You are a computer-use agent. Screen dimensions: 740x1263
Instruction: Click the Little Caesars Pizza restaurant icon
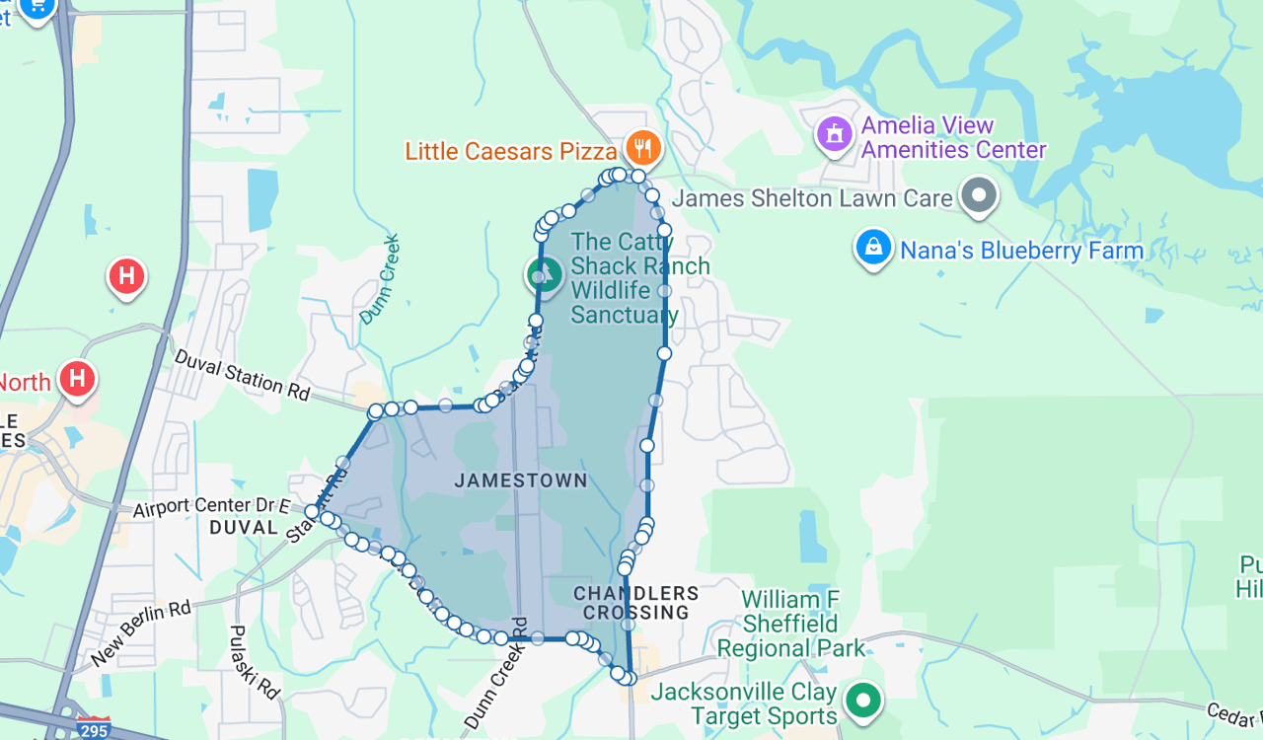coord(642,149)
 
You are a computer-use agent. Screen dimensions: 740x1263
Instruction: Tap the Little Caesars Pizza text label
coord(511,151)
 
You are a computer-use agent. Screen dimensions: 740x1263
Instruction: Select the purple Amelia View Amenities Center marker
coord(834,133)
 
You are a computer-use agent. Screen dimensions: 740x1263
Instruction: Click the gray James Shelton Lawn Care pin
coord(979,195)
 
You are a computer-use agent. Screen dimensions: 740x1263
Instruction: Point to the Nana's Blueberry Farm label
coord(1021,251)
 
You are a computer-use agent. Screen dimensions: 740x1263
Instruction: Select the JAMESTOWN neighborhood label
coord(521,481)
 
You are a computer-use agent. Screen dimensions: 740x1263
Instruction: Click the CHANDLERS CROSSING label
coord(636,603)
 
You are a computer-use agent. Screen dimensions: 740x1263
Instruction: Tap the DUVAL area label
coord(244,528)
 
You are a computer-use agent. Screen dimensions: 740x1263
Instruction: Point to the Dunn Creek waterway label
coord(381,278)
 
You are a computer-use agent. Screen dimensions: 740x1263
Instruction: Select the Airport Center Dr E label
coord(211,507)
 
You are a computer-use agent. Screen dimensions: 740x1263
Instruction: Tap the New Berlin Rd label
coord(140,632)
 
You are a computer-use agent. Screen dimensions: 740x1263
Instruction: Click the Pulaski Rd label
coord(254,662)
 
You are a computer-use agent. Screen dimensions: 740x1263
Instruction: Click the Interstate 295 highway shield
coord(95,729)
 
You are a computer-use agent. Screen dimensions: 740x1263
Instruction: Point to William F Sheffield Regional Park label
coord(790,624)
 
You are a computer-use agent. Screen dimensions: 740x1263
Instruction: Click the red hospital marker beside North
coord(77,379)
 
